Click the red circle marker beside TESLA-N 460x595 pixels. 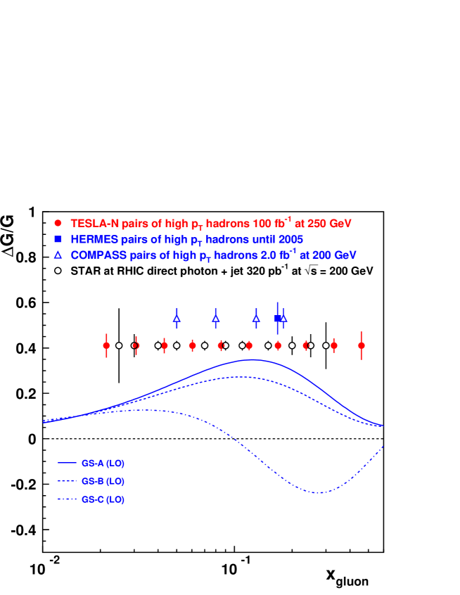[x=58, y=223]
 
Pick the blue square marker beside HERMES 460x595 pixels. [x=58, y=239]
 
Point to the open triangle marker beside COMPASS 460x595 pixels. [x=58, y=255]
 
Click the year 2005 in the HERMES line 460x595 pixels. [x=290, y=240]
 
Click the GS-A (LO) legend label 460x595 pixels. [x=103, y=463]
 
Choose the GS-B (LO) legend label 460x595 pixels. [x=103, y=482]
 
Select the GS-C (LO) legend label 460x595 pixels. [x=103, y=500]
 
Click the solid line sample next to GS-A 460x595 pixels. [x=67, y=463]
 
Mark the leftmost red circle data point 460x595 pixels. [x=107, y=345]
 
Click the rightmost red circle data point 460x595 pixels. [x=362, y=345]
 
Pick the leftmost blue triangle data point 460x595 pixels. [x=177, y=319]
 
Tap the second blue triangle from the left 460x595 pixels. [x=216, y=319]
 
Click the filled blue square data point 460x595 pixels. [x=278, y=319]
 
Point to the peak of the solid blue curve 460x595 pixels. [x=254, y=359]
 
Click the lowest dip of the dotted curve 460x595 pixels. [x=319, y=492]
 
